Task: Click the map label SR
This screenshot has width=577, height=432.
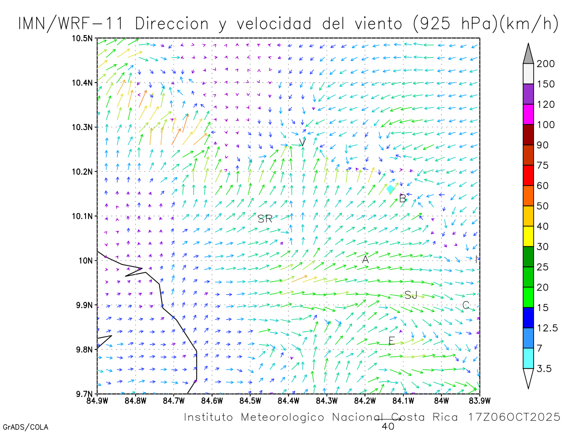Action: [x=265, y=219]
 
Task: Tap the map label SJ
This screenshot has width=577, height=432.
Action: [x=411, y=295]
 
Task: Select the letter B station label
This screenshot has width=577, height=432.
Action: [x=402, y=198]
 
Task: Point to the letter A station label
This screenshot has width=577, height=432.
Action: [x=365, y=260]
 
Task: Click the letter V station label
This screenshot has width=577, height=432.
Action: [x=302, y=142]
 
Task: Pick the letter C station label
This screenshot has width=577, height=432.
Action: [x=465, y=305]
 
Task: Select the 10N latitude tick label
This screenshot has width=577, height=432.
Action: [x=87, y=260]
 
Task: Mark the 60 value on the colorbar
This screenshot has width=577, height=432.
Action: [x=545, y=186]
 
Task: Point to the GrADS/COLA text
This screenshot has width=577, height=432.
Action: [x=25, y=427]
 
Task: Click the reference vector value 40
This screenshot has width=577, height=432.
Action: [x=388, y=426]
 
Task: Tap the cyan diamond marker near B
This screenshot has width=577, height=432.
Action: [x=390, y=190]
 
